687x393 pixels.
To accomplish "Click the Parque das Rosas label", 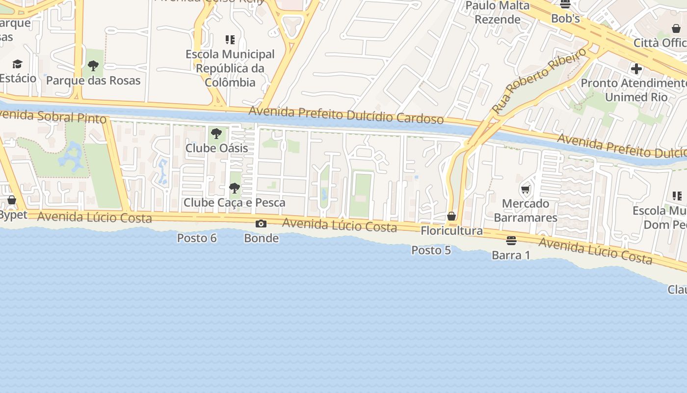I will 93,81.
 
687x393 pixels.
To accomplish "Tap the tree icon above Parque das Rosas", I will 93,65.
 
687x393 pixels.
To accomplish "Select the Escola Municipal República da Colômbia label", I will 230,68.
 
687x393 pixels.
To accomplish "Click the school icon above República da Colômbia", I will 230,40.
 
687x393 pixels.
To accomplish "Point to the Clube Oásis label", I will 216,148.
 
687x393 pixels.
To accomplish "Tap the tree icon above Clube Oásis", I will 216,133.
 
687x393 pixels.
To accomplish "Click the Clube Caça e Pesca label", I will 234,202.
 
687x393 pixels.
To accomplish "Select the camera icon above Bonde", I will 261,224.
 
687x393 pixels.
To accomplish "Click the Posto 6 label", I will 197,238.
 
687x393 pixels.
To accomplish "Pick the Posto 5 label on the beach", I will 431,250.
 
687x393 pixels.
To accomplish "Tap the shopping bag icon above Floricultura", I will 451,216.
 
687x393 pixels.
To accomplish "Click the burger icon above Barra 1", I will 511,241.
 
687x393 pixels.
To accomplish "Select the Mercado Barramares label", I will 526,210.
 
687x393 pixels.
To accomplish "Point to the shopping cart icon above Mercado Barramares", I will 526,189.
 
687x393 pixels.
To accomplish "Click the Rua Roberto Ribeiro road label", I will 539,81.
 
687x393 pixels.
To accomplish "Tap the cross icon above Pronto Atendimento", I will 636,69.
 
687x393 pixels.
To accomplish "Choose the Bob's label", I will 565,19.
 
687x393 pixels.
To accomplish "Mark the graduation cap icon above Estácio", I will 18,64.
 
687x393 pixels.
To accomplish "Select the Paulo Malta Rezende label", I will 498,12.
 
